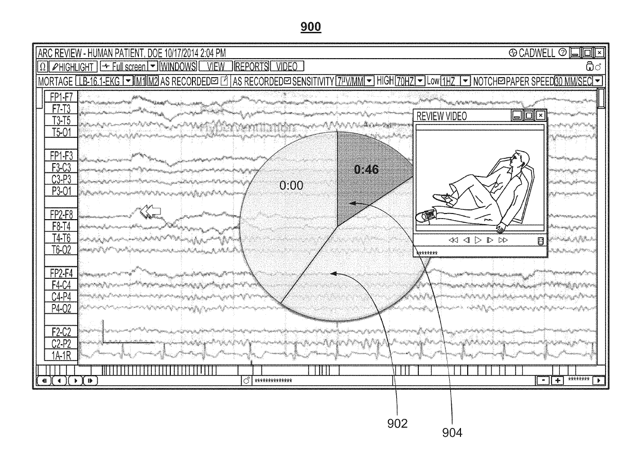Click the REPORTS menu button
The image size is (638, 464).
pos(252,66)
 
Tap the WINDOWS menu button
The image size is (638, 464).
pos(178,66)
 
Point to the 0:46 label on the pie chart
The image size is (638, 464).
pos(367,170)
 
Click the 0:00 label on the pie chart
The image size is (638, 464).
pos(291,186)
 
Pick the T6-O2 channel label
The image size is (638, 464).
pos(61,249)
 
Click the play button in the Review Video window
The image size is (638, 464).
pos(478,240)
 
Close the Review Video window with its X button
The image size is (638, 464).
pos(540,116)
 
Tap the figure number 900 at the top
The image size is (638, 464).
pos(311,27)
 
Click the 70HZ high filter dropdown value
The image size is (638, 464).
pos(404,81)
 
